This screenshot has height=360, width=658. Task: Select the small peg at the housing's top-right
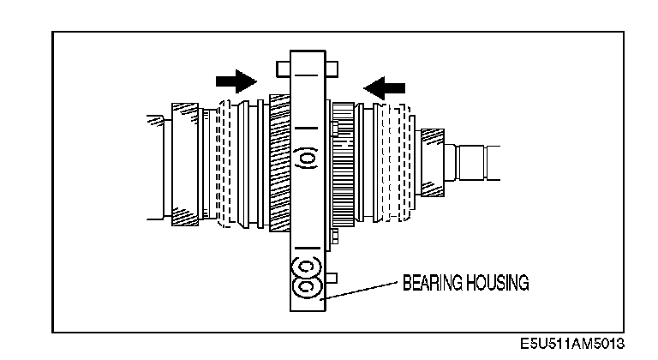point(332,64)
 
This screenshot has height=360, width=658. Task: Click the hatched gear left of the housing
point(280,163)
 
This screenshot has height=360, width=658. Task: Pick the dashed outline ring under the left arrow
point(396,163)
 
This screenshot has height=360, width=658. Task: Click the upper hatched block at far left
point(185,112)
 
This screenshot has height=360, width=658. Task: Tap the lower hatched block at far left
point(185,215)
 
